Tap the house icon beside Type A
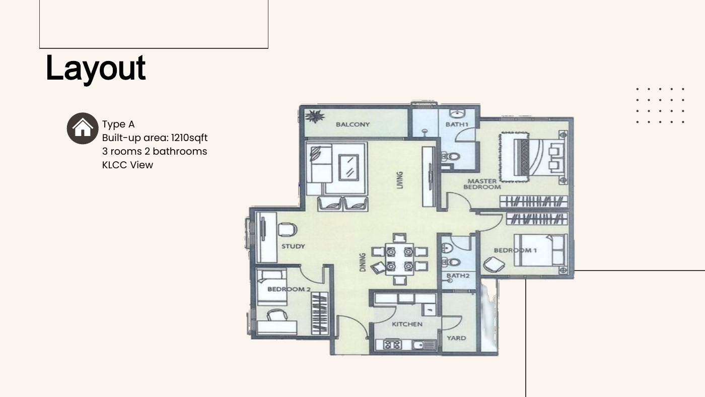(x=83, y=128)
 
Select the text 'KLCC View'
(x=127, y=165)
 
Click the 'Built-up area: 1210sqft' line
(x=155, y=138)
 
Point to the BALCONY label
(x=352, y=124)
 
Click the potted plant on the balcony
(x=314, y=116)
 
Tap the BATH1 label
(x=457, y=124)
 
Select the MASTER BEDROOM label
(x=482, y=184)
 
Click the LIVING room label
(x=400, y=180)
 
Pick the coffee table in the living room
(x=348, y=167)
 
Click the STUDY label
(x=293, y=246)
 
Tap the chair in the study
(x=288, y=230)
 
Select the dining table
(x=399, y=259)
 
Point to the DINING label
(x=363, y=262)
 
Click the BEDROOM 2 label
(x=289, y=289)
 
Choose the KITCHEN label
(x=407, y=324)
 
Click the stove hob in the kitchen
(x=392, y=345)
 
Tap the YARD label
(x=456, y=338)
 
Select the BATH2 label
(x=458, y=276)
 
